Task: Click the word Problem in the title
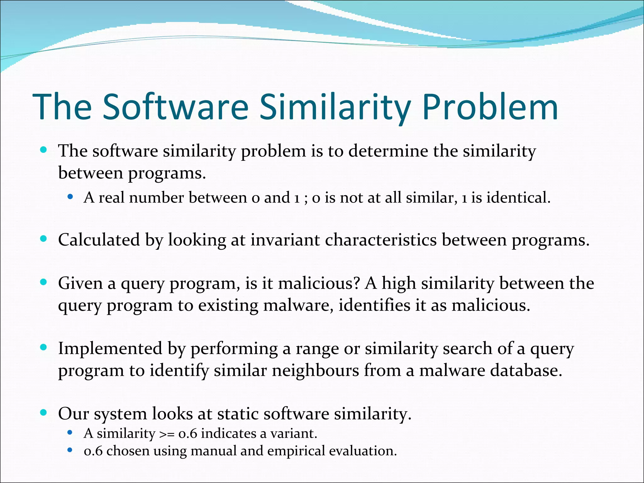point(490,108)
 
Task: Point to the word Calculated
point(99,240)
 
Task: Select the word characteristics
point(380,240)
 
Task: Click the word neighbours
point(315,370)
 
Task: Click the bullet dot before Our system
point(44,412)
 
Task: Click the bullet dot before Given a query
point(44,282)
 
